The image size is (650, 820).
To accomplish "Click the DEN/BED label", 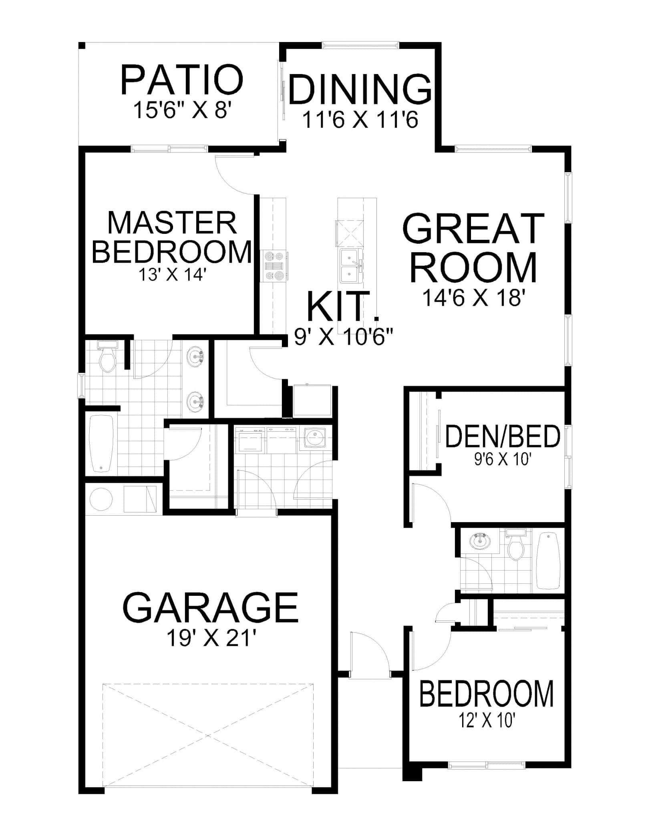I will (503, 437).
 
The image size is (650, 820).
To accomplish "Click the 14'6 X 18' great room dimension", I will (473, 298).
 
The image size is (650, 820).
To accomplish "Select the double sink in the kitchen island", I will (351, 265).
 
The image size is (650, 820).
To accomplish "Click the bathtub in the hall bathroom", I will (549, 561).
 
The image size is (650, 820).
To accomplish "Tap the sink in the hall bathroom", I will (479, 542).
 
